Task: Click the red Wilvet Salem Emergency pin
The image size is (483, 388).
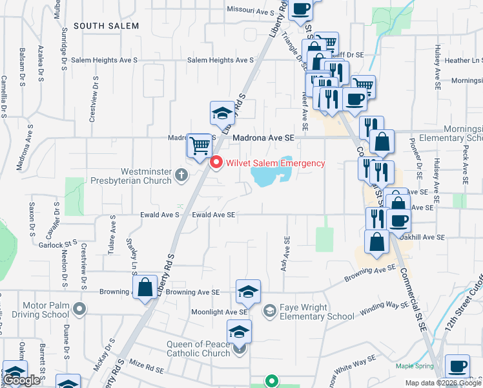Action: (x=217, y=163)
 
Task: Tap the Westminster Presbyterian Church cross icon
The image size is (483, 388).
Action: (x=182, y=174)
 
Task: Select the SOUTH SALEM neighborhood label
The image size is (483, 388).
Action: (x=106, y=26)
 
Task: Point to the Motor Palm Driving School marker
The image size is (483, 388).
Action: (x=79, y=308)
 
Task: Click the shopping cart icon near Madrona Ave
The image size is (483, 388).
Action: (x=200, y=145)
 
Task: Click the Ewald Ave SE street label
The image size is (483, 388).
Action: (x=214, y=215)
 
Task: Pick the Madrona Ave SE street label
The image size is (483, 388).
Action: (x=263, y=138)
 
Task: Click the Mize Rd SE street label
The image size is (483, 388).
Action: (x=147, y=369)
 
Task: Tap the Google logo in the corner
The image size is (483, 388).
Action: (x=22, y=380)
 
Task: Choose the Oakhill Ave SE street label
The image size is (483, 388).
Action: (x=423, y=237)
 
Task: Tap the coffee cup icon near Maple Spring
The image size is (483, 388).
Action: (x=458, y=366)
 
